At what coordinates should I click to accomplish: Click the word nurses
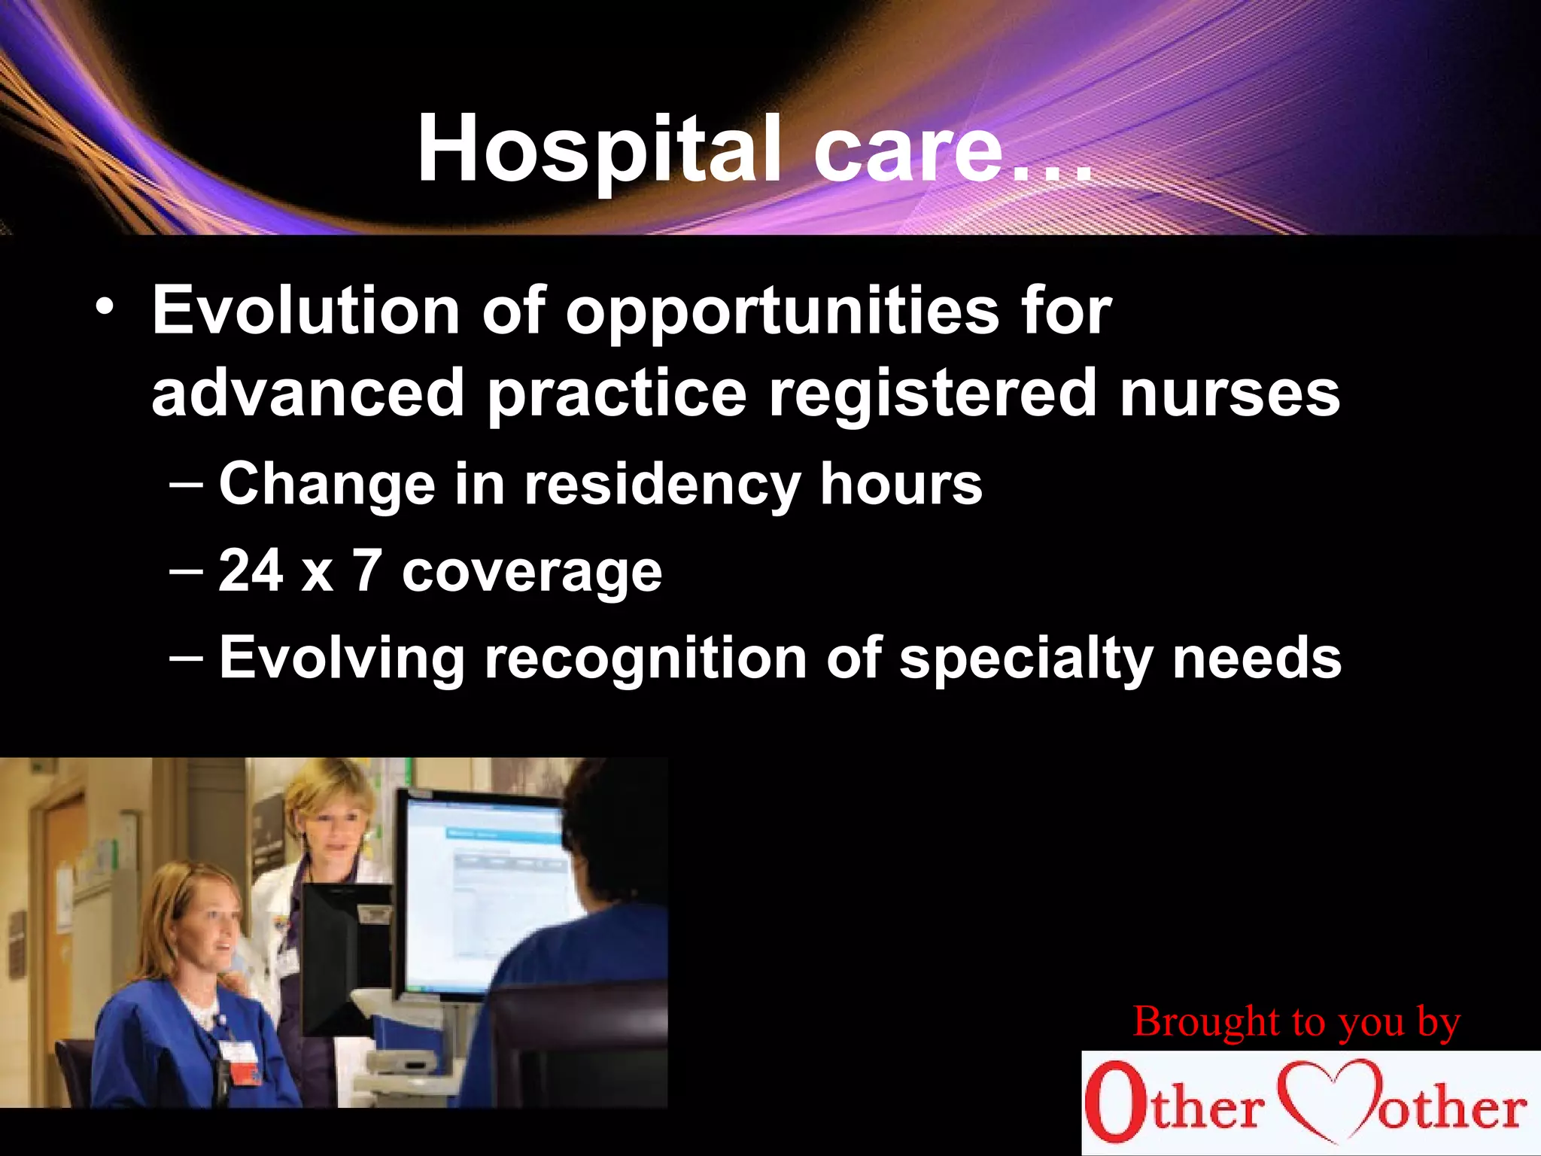pyautogui.click(x=1229, y=393)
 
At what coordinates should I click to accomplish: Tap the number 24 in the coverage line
pyautogui.click(x=251, y=570)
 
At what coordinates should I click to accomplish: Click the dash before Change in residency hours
pyautogui.click(x=186, y=484)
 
